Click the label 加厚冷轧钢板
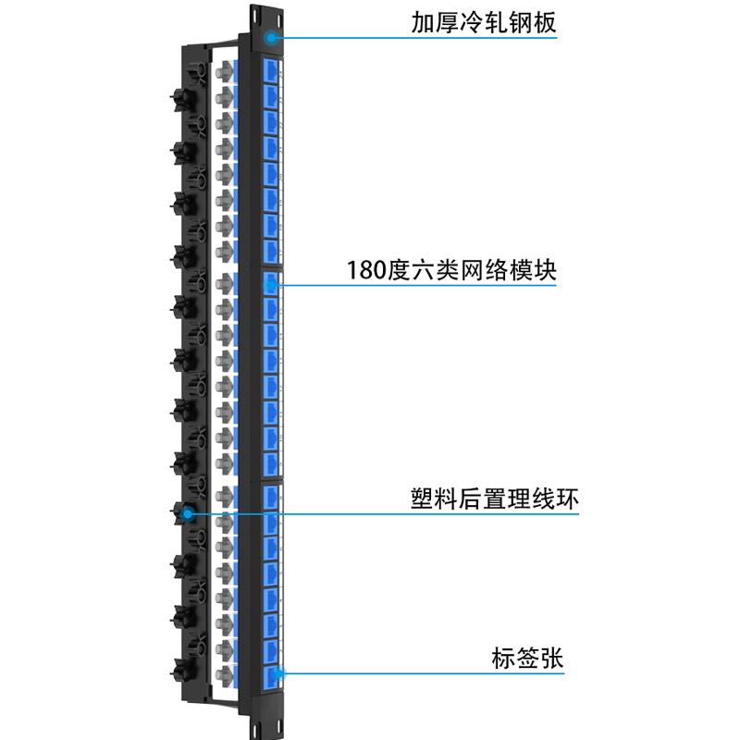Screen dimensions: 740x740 484,22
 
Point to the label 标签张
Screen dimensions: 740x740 527,660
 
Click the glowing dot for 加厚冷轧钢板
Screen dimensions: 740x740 272,38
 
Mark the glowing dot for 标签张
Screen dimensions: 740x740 279,675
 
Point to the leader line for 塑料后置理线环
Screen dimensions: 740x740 388,514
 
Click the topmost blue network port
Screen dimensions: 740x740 272,72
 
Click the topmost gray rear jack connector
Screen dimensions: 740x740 223,71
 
